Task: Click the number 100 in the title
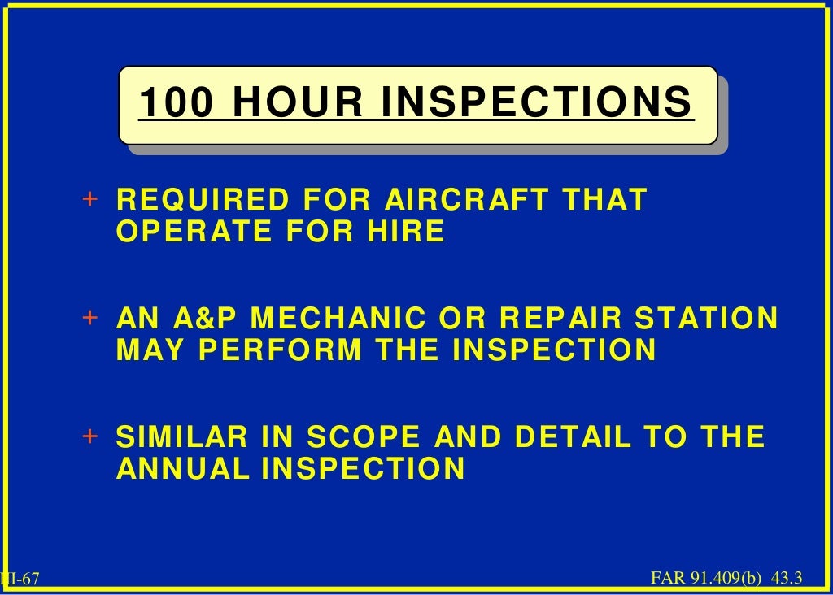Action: (x=176, y=103)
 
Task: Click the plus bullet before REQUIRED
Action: (x=90, y=199)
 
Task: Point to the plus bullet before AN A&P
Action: (x=90, y=318)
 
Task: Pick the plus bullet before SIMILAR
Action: (x=90, y=436)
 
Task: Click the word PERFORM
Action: (x=281, y=350)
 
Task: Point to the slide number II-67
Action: (x=20, y=579)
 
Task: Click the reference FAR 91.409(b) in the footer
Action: (x=706, y=578)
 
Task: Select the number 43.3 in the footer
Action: (x=787, y=578)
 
